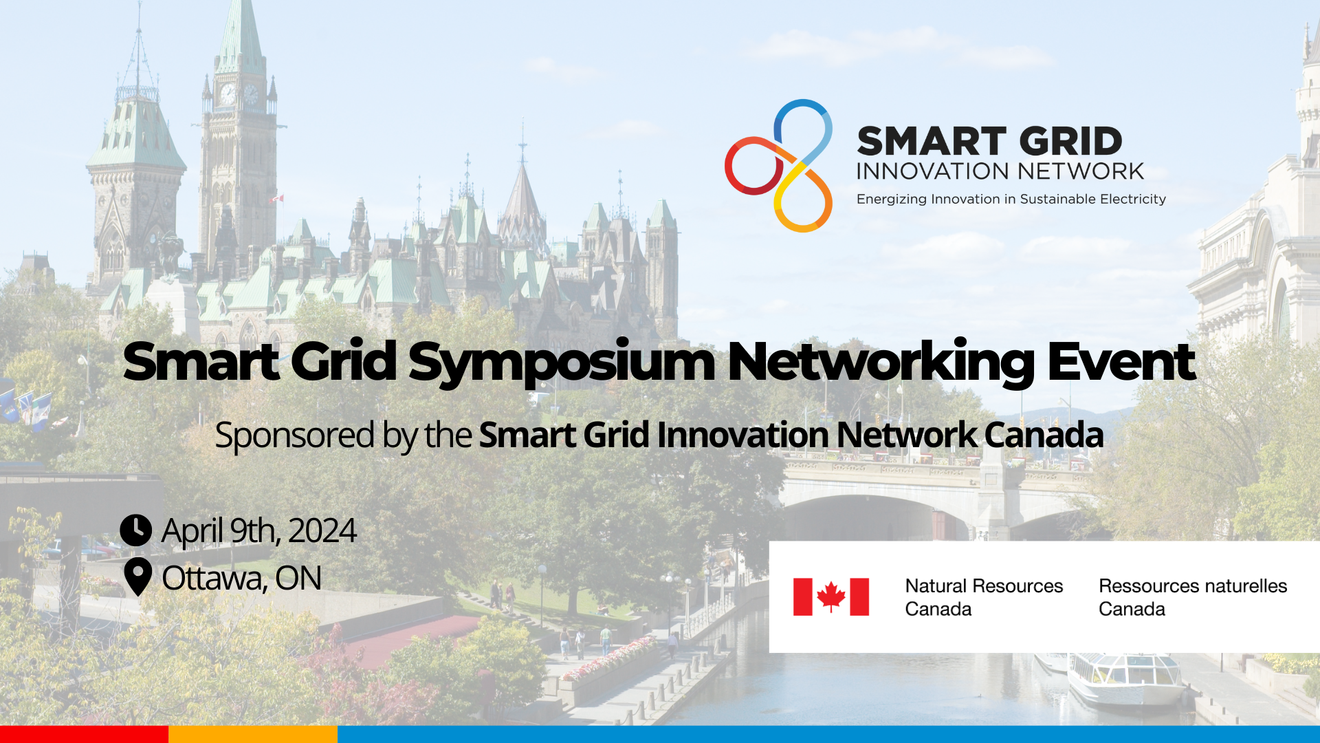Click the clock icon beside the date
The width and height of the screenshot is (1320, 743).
tap(135, 530)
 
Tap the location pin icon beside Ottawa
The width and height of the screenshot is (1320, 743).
tap(137, 577)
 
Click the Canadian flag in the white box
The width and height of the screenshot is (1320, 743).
tap(830, 596)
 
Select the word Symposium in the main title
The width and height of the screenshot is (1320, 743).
tap(562, 363)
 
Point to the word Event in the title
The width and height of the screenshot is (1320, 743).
tap(1121, 362)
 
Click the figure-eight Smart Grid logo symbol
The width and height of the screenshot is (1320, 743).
tap(778, 166)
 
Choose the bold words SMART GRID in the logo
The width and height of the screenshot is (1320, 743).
tap(989, 142)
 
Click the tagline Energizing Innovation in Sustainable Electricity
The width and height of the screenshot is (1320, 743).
tap(1011, 200)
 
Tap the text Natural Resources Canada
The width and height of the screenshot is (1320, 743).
tap(984, 597)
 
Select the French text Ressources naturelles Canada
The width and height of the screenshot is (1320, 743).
tap(1193, 597)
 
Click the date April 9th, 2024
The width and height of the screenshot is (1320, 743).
tap(259, 531)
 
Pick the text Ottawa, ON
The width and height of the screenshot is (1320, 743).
tap(241, 578)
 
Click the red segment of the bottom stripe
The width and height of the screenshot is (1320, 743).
tap(84, 734)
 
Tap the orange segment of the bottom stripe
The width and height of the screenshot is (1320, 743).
tap(253, 734)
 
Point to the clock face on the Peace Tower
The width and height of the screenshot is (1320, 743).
tap(228, 94)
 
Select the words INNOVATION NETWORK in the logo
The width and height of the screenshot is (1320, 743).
tap(1000, 171)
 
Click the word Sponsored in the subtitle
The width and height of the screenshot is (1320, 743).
tap(295, 435)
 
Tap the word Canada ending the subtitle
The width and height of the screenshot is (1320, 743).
tap(1044, 435)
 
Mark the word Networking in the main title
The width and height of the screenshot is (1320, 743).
tap(881, 363)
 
